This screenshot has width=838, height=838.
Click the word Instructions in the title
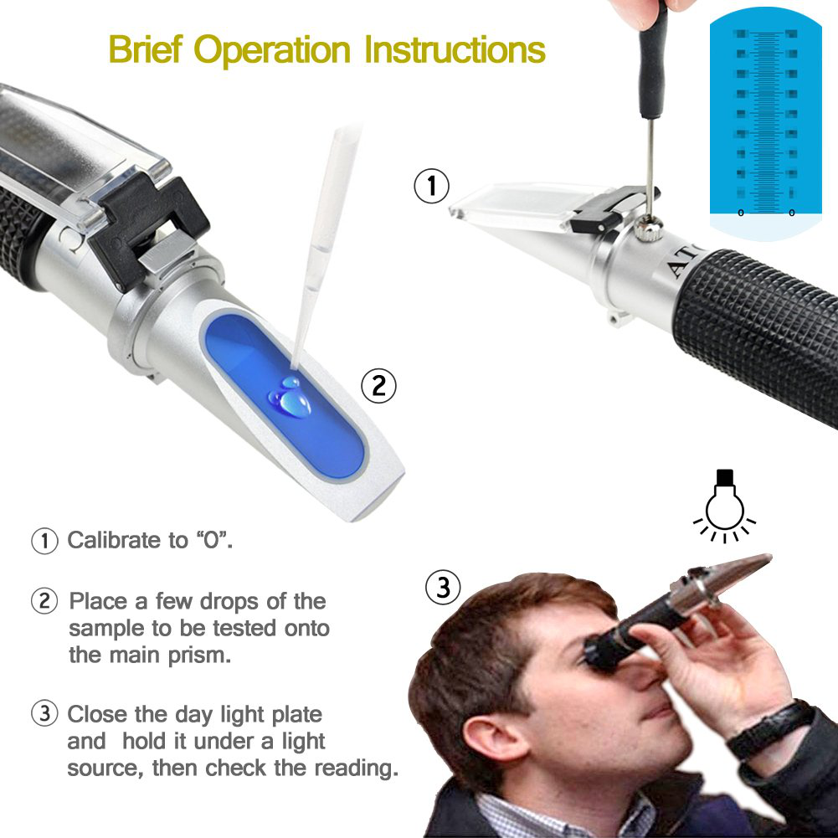pyautogui.click(x=454, y=49)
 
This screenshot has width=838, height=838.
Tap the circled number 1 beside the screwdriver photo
pyautogui.click(x=432, y=186)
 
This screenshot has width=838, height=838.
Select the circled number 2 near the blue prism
pyautogui.click(x=378, y=386)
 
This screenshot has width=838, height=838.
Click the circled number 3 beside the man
pyautogui.click(x=443, y=588)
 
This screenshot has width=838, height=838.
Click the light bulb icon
pyautogui.click(x=724, y=501)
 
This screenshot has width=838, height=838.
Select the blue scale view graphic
pyautogui.click(x=766, y=117)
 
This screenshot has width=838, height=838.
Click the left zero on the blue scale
pyautogui.click(x=740, y=213)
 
